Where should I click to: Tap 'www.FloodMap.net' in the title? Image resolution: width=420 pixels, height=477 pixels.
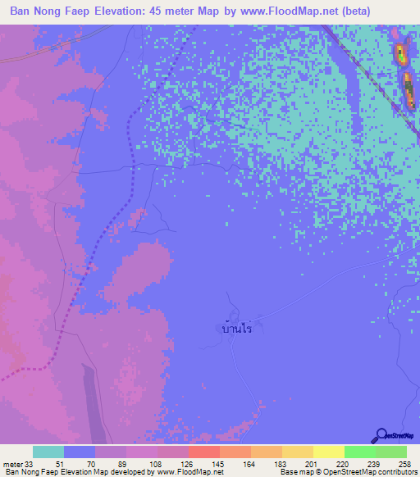tap(277, 11)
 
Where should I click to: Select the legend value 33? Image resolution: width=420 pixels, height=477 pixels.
tap(30, 464)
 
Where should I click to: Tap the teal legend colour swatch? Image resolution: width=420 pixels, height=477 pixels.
tap(48, 452)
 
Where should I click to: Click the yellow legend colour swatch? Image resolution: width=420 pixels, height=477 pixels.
tap(328, 452)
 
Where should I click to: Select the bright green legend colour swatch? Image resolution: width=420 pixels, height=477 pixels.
tap(359, 452)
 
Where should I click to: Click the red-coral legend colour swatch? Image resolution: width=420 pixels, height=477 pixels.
tap(203, 452)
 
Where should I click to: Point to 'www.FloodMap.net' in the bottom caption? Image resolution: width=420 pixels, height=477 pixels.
tap(189, 472)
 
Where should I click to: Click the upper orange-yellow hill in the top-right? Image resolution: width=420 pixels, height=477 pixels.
tap(400, 54)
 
